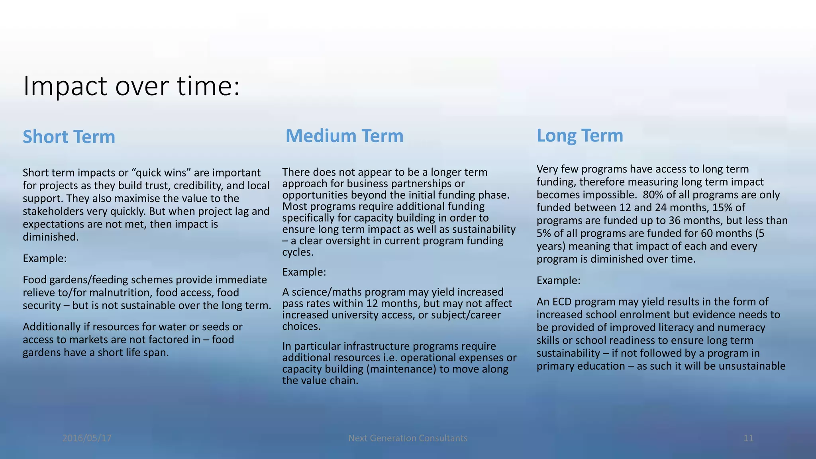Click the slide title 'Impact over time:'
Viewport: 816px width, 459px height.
point(131,86)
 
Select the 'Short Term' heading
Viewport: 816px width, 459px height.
point(69,137)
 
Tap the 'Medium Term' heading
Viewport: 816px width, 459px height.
point(344,136)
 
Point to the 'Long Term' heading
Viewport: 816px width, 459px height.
point(580,135)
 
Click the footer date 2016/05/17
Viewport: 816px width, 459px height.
point(87,438)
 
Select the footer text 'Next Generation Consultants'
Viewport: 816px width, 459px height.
point(408,438)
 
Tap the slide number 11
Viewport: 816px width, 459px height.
point(748,438)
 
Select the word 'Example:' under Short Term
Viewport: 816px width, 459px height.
point(45,259)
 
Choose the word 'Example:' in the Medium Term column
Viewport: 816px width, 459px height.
point(304,272)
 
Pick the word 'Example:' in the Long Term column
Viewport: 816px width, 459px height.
point(558,280)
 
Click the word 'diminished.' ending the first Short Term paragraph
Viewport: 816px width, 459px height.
point(51,237)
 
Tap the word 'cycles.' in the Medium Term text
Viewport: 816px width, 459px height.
point(298,252)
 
